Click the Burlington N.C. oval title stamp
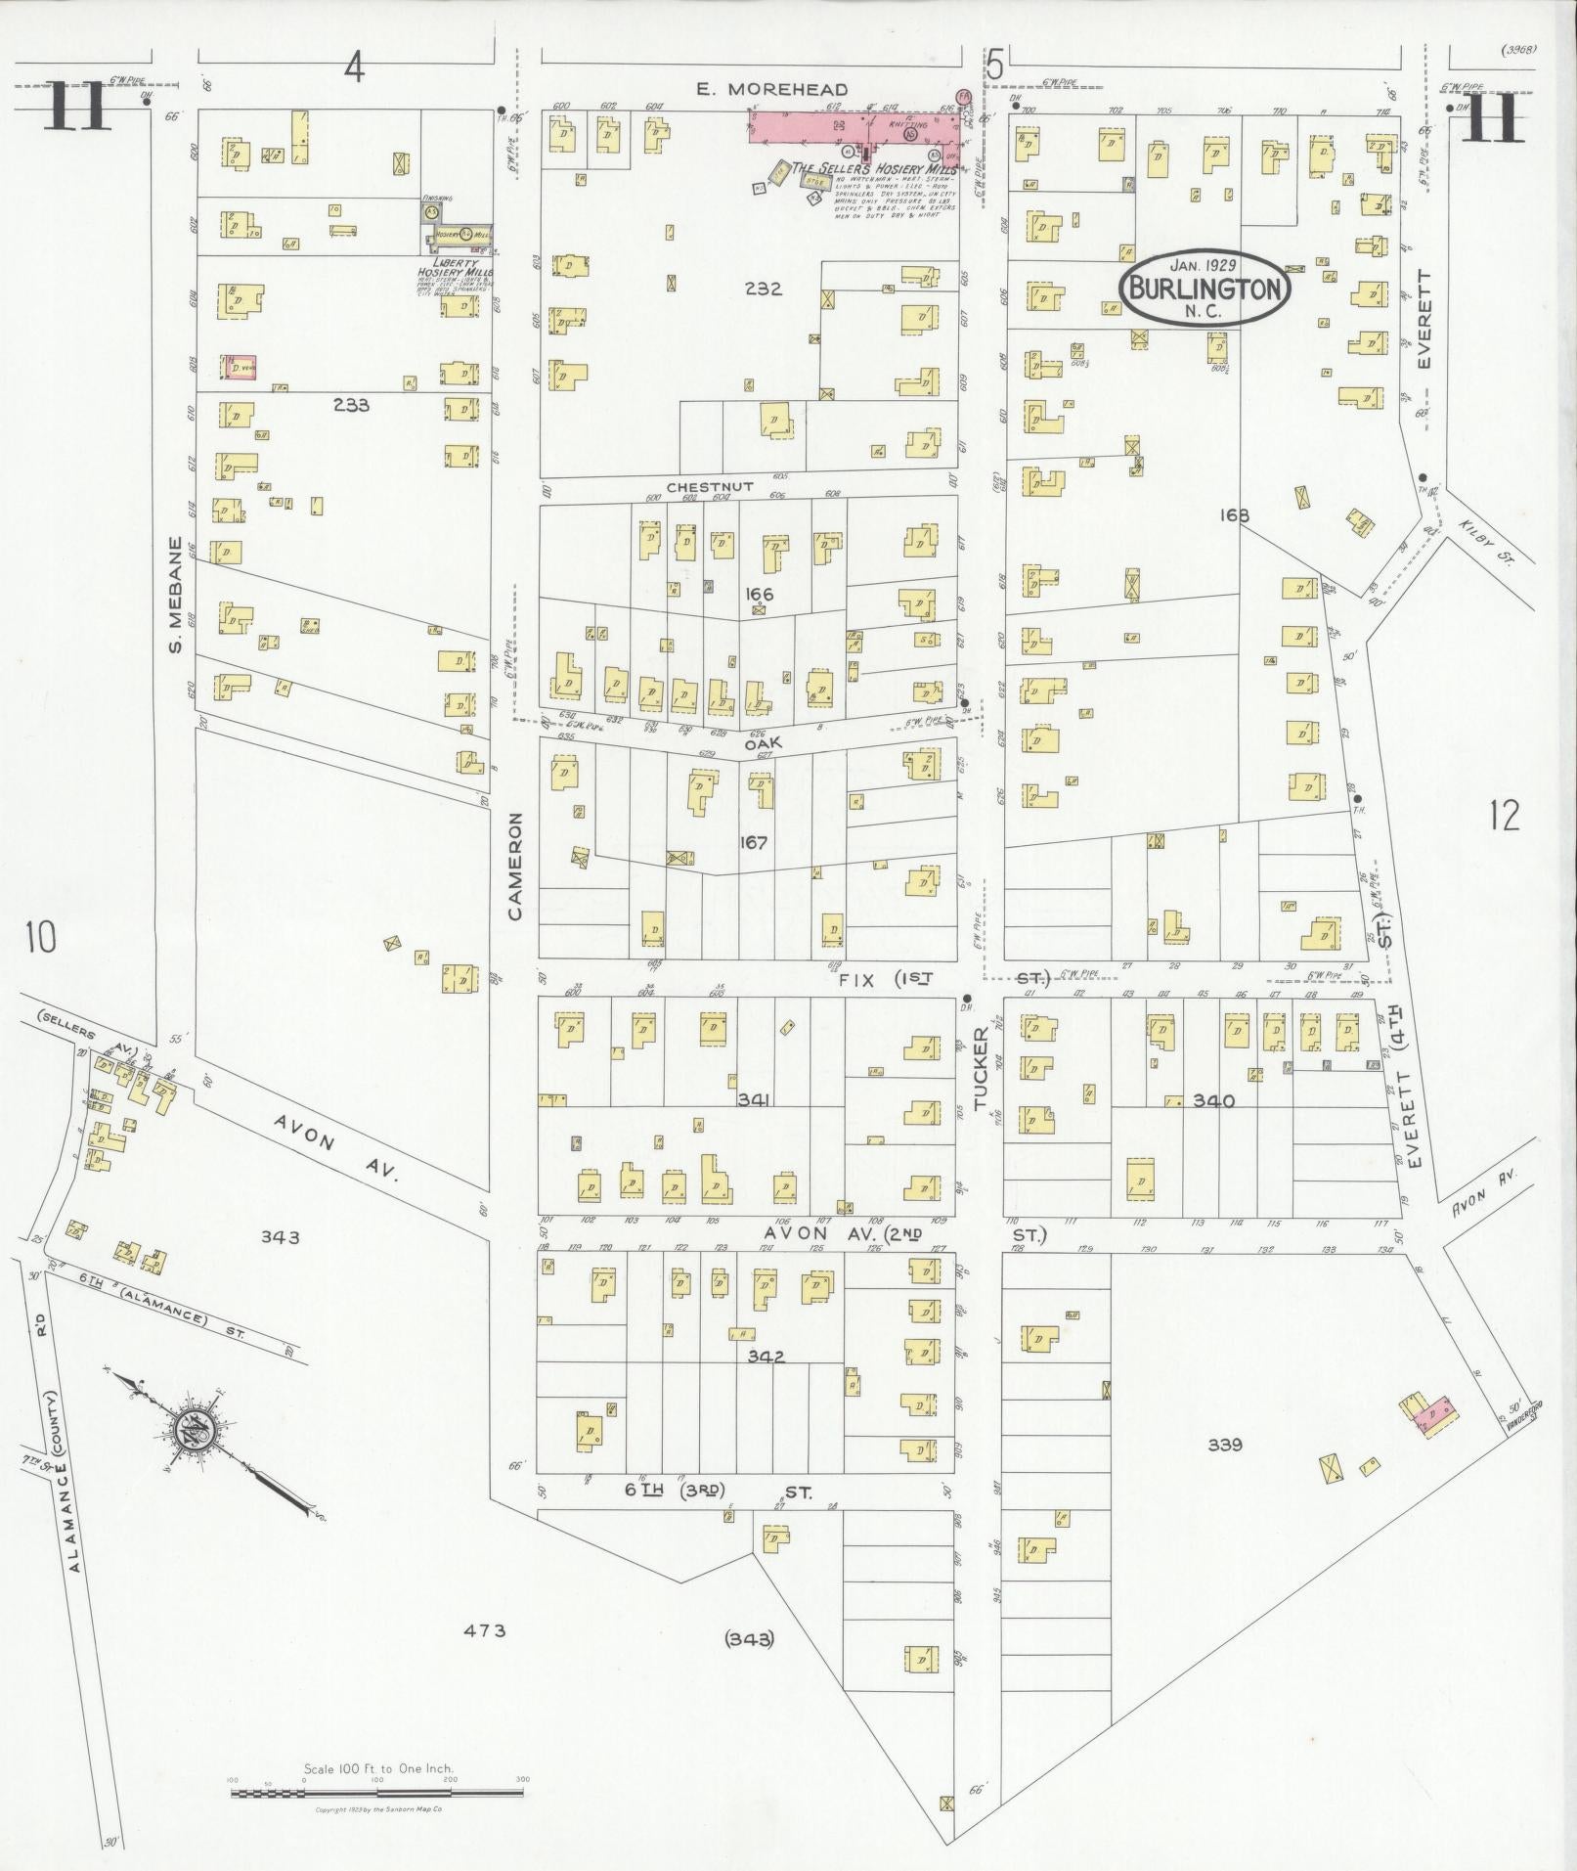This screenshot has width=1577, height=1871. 1205,288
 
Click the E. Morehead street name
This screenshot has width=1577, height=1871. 771,89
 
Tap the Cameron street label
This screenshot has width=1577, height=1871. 515,865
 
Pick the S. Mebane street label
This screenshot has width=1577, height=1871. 176,597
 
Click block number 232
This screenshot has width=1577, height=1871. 763,289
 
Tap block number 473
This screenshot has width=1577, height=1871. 485,1629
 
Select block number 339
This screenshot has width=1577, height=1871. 1224,1444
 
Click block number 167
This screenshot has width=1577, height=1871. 755,842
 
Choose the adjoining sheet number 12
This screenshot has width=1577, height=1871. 1505,814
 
